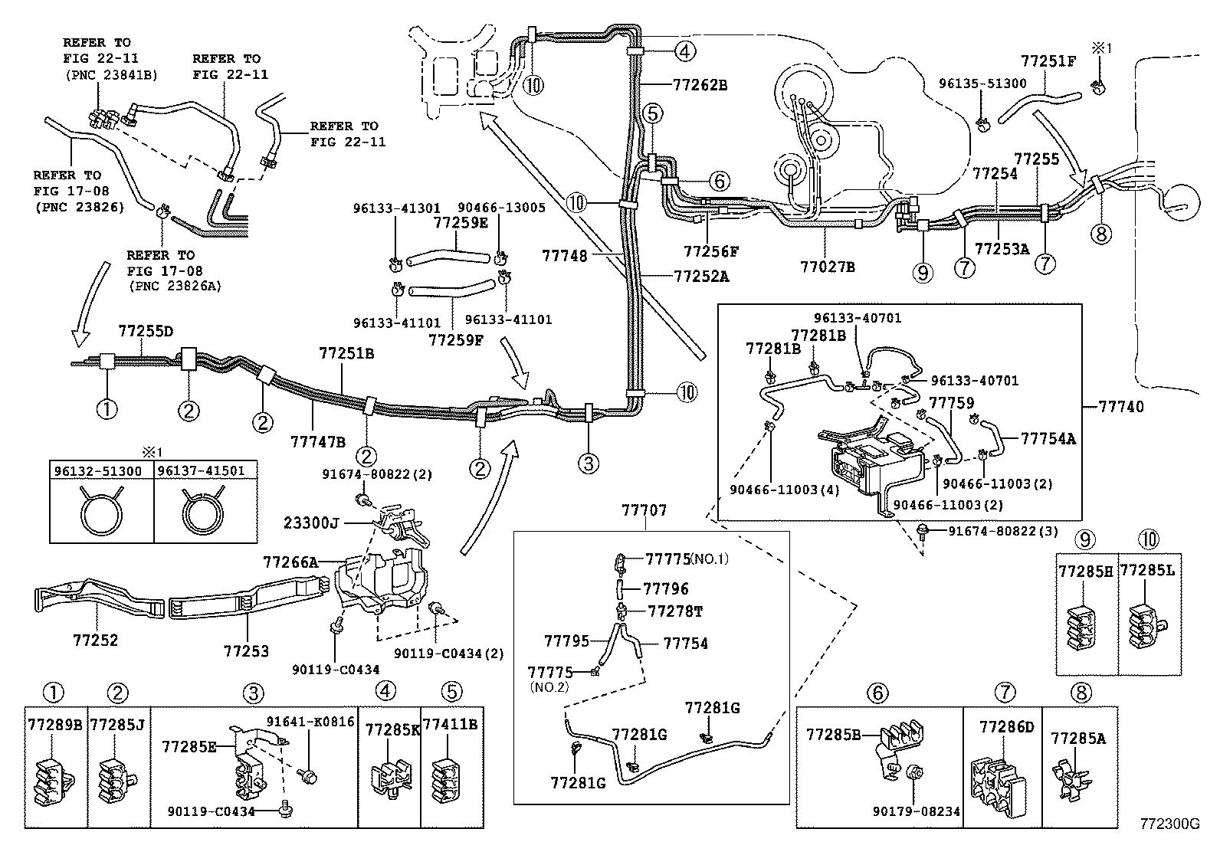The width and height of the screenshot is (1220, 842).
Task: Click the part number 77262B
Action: coord(700,85)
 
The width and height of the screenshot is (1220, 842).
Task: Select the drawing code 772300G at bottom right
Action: coord(1169,824)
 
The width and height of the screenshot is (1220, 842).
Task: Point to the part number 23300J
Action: coord(310,524)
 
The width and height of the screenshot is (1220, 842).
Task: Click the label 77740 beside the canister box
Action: coord(1120,407)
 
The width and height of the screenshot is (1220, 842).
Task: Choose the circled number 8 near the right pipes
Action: coord(1100,233)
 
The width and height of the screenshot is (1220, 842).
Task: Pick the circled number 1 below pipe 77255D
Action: coord(107,409)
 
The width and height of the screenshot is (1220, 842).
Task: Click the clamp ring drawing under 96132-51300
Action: coord(101,509)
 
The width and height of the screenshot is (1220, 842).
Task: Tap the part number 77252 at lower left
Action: coord(96,640)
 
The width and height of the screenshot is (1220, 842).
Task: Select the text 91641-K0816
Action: coord(310,721)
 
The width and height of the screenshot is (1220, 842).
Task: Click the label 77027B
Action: coord(827,267)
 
